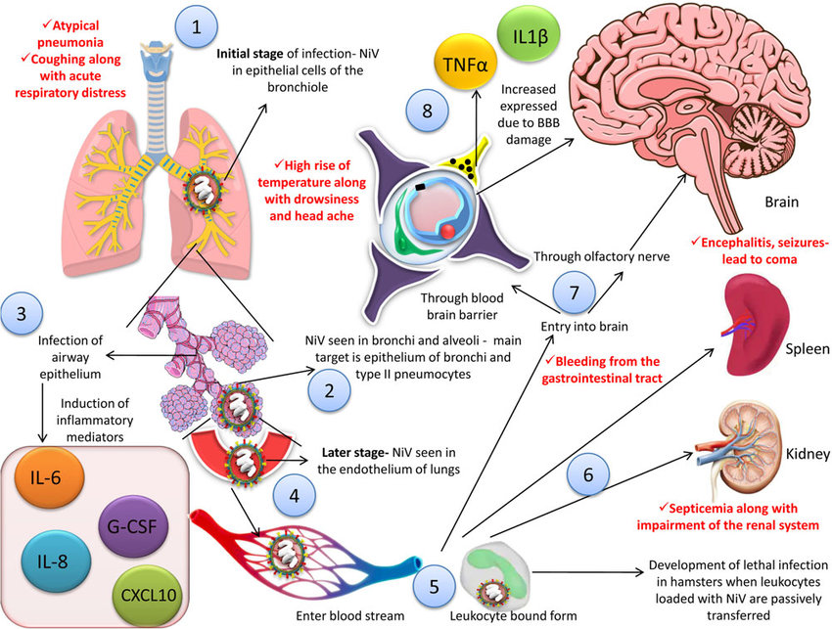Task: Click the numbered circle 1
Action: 198,26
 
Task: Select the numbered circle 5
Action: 434,587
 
